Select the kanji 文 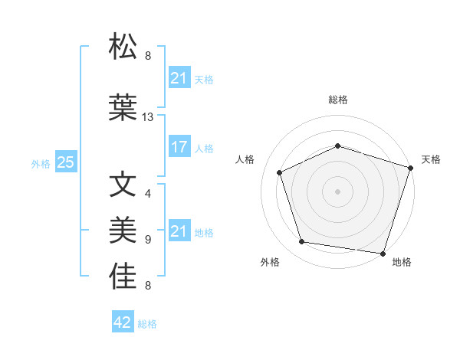pos(123,186)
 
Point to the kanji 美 pos(123,231)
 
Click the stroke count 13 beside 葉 pos(149,117)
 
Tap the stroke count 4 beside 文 pos(148,193)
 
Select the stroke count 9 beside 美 pos(148,239)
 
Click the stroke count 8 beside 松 pos(148,55)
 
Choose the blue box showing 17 pos(179,148)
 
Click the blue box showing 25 pos(65,162)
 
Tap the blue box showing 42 pos(123,322)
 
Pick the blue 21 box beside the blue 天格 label pos(179,77)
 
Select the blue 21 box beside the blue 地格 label pos(179,231)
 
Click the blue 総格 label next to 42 pos(147,324)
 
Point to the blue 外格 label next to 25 pos(41,164)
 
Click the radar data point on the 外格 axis pos(302,242)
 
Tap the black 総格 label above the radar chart pos(338,100)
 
